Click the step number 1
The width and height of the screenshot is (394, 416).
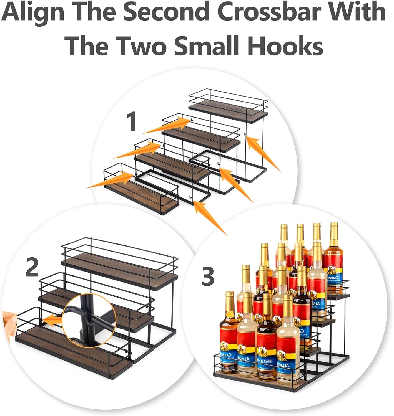tap(131, 121)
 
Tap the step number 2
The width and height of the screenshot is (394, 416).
tap(32, 267)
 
